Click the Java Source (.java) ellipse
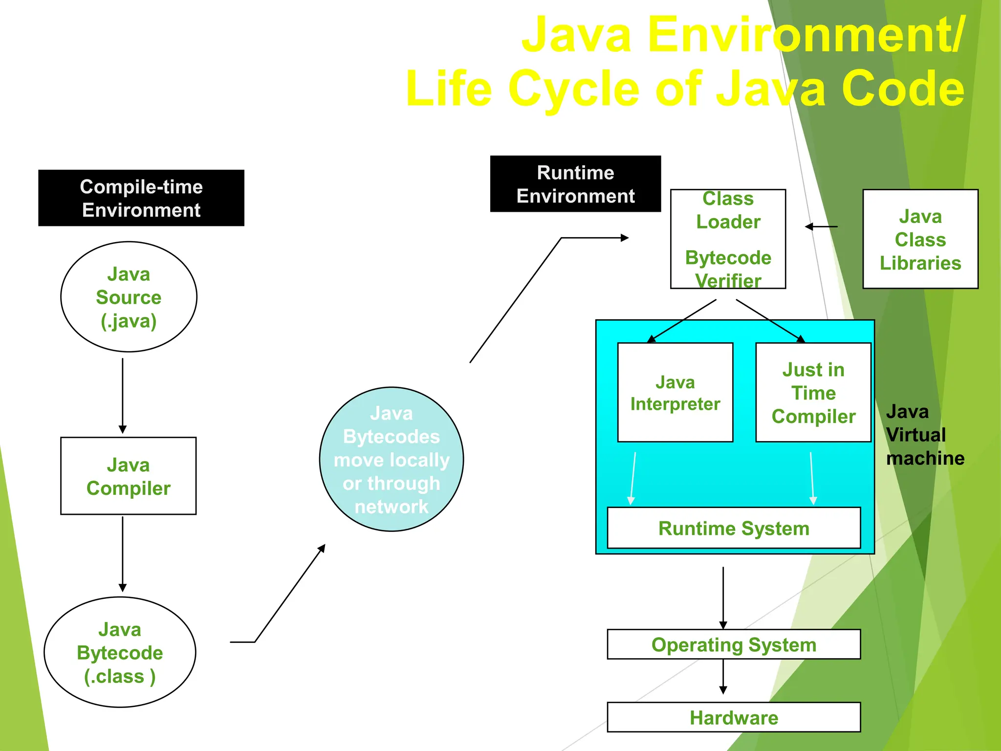click(129, 297)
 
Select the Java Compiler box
click(128, 476)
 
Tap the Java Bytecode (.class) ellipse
click(120, 652)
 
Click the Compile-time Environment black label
click(141, 198)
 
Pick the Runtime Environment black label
click(575, 184)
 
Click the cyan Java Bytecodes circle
click(391, 459)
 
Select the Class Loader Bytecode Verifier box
click(728, 239)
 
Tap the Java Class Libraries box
click(920, 239)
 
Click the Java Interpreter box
click(675, 393)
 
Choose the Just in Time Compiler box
click(813, 393)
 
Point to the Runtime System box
click(733, 528)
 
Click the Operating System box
click(733, 644)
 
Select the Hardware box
click(733, 717)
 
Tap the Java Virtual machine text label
click(924, 435)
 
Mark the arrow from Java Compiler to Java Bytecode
click(123, 553)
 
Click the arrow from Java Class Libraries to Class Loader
click(821, 226)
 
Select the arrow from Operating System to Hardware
click(723, 676)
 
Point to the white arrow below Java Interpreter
click(633, 478)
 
